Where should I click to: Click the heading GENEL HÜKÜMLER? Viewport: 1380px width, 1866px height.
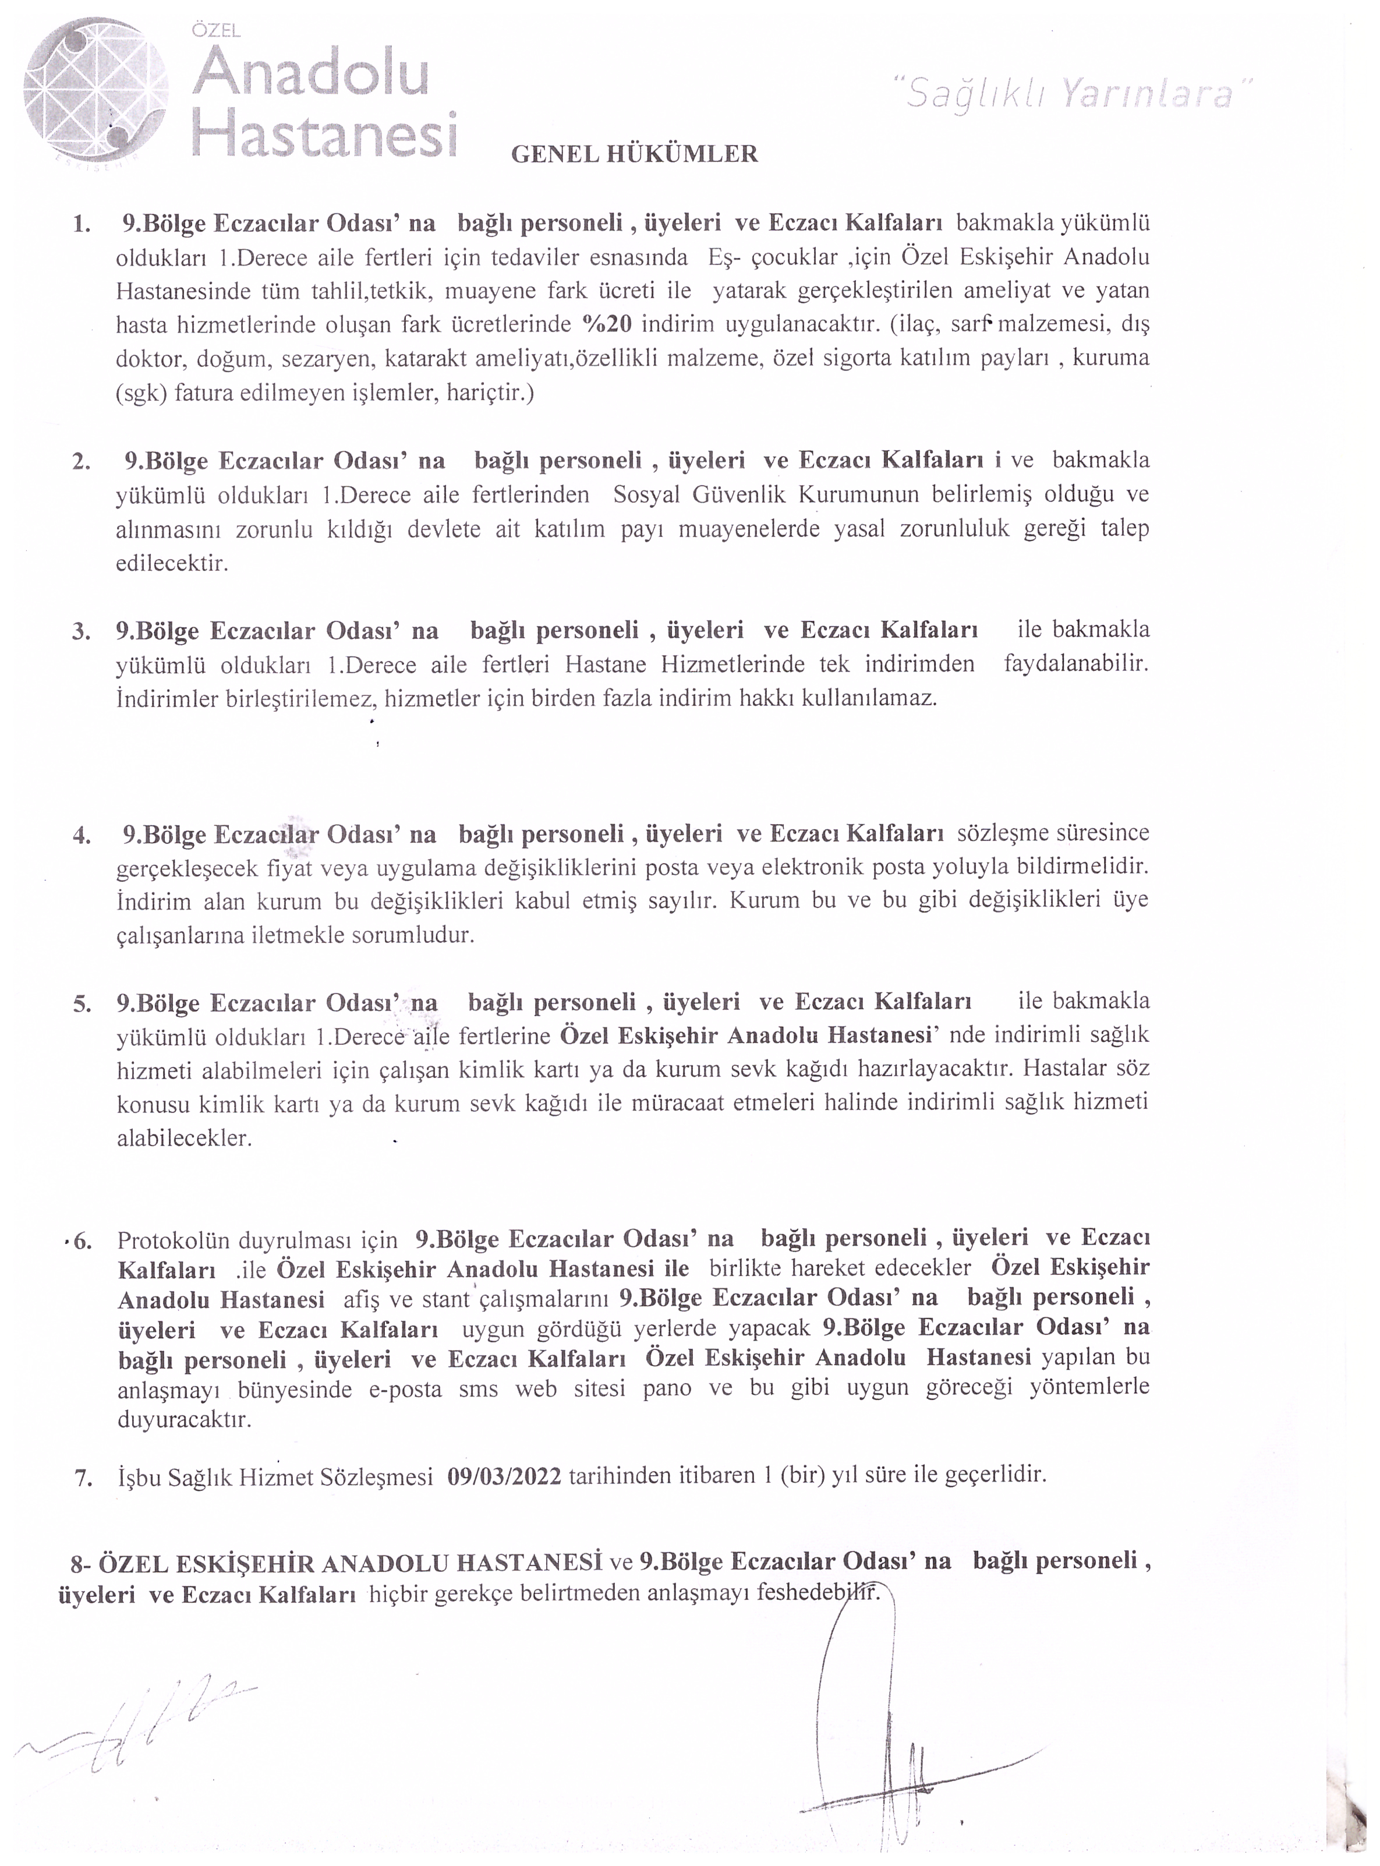(634, 154)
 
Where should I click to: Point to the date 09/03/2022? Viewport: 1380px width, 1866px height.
(504, 1498)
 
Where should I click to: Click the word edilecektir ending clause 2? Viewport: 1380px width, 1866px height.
(171, 563)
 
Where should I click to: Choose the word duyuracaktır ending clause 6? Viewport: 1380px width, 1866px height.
(184, 1419)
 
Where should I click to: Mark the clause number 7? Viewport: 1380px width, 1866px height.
(83, 1501)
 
